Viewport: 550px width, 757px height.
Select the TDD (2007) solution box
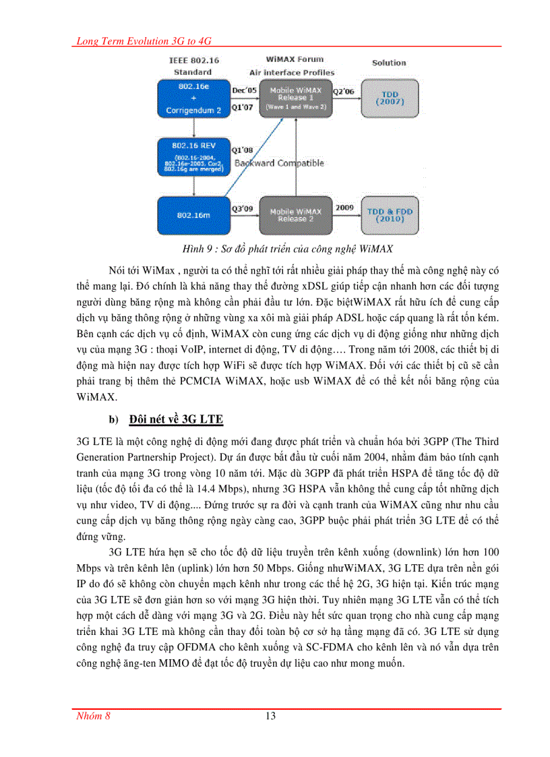[x=389, y=98]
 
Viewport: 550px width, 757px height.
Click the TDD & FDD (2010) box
[x=390, y=214]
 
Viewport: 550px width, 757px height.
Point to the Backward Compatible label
[x=279, y=163]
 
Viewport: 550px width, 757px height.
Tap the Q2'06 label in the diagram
[x=345, y=90]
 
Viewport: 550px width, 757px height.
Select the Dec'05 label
[x=244, y=90]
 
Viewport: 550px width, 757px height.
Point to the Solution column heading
[x=389, y=63]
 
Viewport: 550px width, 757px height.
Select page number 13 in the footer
[x=270, y=716]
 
